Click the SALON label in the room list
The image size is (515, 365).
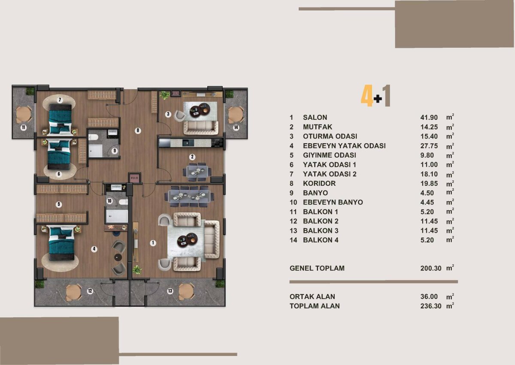315,117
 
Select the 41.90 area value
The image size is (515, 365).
429,117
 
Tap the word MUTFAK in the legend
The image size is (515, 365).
318,127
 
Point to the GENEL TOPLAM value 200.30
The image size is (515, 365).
431,268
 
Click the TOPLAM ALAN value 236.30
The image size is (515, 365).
431,306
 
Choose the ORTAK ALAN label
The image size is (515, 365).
312,297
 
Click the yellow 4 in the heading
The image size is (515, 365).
367,95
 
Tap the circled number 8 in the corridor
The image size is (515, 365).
138,131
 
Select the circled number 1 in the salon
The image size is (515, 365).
153,243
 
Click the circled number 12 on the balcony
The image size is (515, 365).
90,291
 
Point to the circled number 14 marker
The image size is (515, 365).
236,127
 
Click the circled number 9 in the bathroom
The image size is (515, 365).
115,151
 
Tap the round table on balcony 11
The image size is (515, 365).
24,114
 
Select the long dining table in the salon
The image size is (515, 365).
189,196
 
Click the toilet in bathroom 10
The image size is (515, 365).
124,202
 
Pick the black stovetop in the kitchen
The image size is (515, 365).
217,143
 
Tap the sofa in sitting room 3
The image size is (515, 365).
200,128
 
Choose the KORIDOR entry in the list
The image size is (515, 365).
319,184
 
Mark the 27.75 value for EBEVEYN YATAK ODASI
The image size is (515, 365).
429,146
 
